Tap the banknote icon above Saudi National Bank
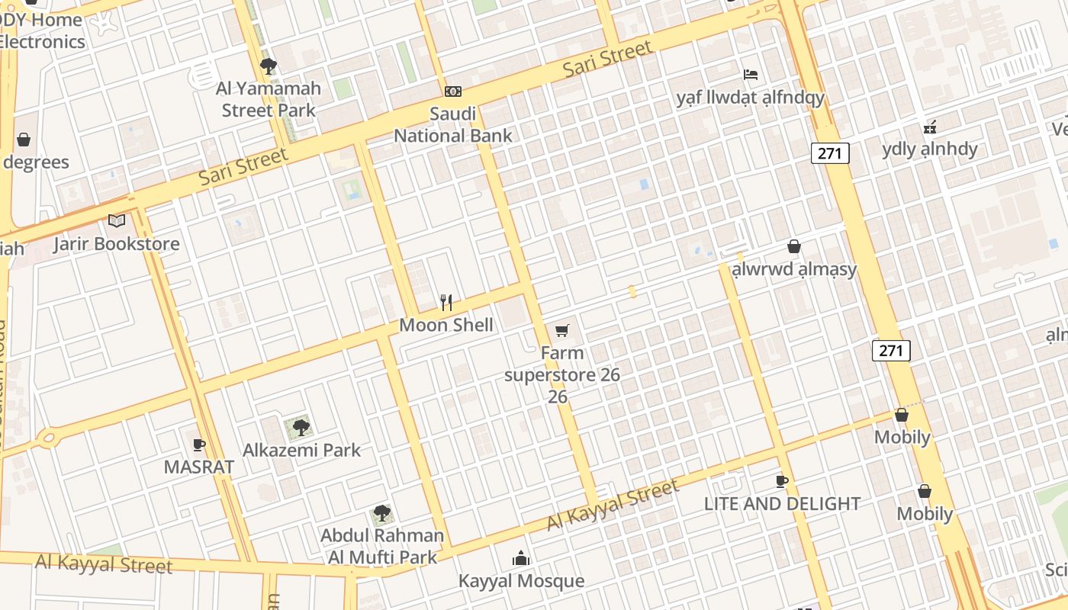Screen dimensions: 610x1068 pyautogui.click(x=453, y=91)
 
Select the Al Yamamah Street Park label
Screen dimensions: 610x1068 pyautogui.click(x=268, y=99)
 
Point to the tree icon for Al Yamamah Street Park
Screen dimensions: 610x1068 pyautogui.click(x=268, y=66)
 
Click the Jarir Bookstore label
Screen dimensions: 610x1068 pyautogui.click(x=116, y=244)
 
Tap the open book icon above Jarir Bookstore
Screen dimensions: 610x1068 pyautogui.click(x=116, y=221)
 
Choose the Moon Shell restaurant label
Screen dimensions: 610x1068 pyautogui.click(x=446, y=325)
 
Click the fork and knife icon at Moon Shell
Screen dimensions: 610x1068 pyautogui.click(x=446, y=303)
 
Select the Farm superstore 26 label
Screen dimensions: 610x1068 pyautogui.click(x=561, y=374)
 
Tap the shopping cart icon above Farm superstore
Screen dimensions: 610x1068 pyautogui.click(x=562, y=330)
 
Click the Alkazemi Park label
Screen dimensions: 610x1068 pyautogui.click(x=301, y=450)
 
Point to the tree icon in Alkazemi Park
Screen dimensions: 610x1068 pyautogui.click(x=301, y=427)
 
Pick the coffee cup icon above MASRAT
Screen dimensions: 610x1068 pyautogui.click(x=199, y=445)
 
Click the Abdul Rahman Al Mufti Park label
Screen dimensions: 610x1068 pyautogui.click(x=382, y=546)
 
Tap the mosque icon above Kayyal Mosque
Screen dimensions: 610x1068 pyautogui.click(x=521, y=559)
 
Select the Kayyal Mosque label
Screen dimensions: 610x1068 pyautogui.click(x=521, y=581)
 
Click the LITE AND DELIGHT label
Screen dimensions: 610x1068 pyautogui.click(x=782, y=503)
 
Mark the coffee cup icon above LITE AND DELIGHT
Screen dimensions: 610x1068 pyautogui.click(x=782, y=481)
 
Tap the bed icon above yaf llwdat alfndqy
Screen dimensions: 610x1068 pyautogui.click(x=751, y=75)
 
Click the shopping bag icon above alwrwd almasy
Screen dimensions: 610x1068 pyautogui.click(x=794, y=247)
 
